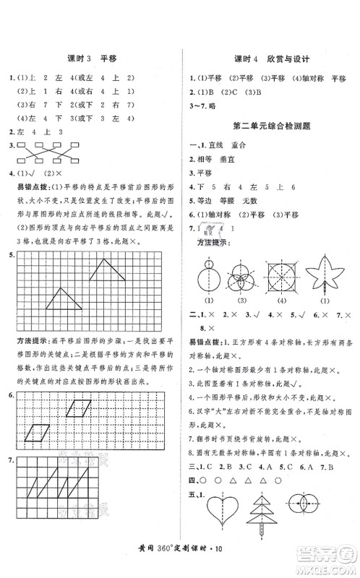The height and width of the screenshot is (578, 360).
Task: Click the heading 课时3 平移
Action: pos(90,59)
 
